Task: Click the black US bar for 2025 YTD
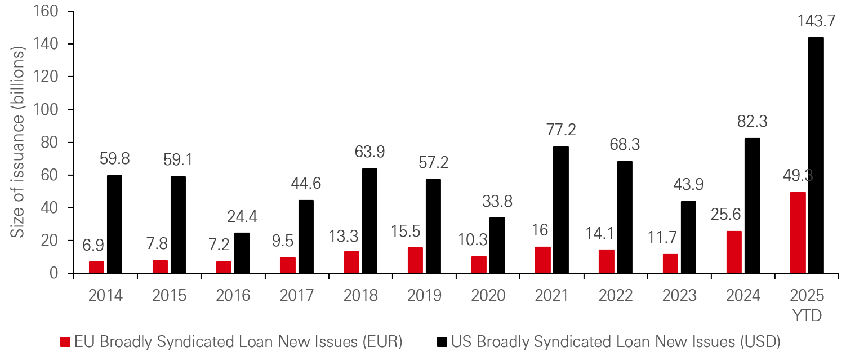pos(816,155)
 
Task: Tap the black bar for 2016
pos(242,253)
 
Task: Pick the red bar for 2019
pos(415,260)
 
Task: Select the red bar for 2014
pos(96,267)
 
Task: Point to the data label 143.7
pos(816,22)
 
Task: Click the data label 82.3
pos(752,122)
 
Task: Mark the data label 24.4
pos(242,216)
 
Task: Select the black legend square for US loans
pos(442,342)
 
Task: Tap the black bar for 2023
pos(688,237)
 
